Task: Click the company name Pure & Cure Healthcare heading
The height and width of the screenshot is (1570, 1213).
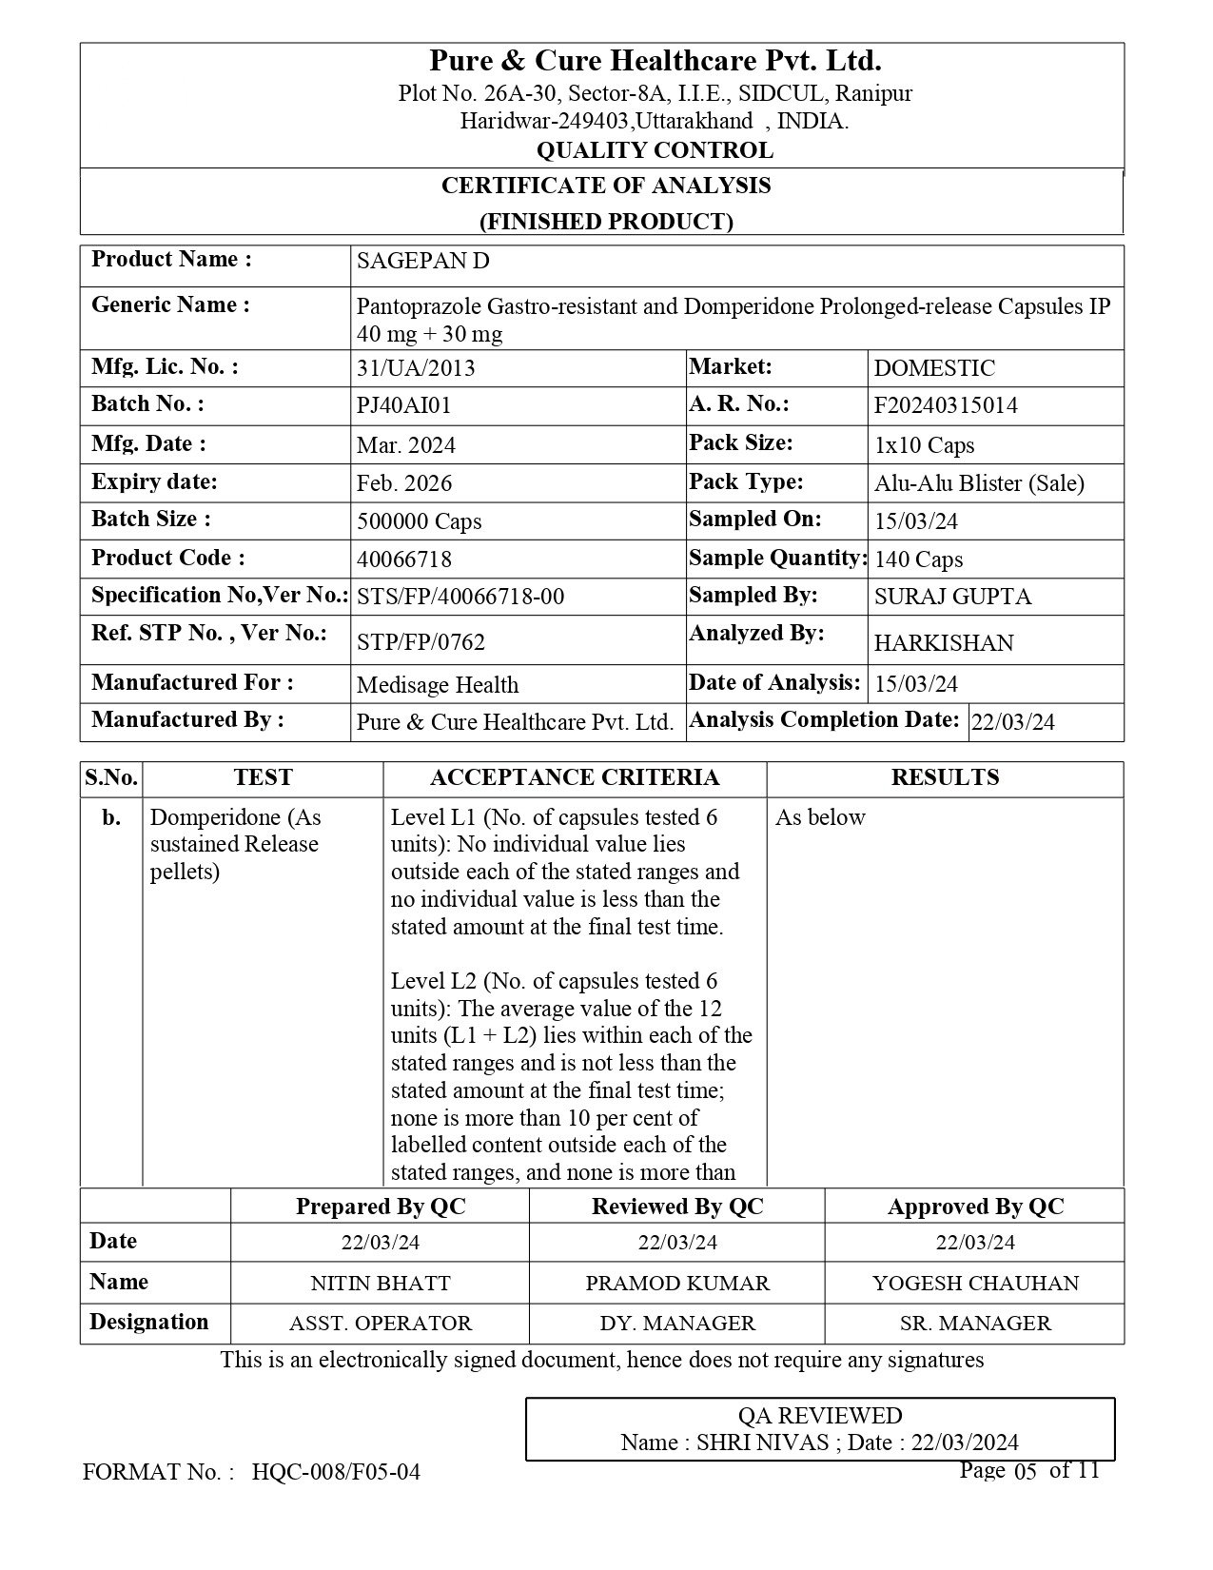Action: (655, 62)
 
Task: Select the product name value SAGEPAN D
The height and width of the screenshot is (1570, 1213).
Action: (422, 262)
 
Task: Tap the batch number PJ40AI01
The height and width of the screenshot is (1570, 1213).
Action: (403, 406)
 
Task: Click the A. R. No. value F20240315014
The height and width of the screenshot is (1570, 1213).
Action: (946, 406)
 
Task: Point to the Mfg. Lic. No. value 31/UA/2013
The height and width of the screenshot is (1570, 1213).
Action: (416, 368)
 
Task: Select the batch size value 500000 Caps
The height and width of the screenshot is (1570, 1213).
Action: (419, 521)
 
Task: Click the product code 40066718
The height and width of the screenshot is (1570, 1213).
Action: (403, 559)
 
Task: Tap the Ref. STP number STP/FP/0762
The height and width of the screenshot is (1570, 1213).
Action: (421, 642)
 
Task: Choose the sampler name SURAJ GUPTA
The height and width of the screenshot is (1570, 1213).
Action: (952, 598)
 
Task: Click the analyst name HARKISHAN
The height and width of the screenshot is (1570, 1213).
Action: (944, 643)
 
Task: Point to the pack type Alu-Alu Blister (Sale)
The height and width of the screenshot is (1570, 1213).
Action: (979, 483)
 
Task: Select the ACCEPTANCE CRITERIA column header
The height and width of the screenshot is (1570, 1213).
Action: (575, 778)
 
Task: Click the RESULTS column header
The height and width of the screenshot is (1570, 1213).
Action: (945, 778)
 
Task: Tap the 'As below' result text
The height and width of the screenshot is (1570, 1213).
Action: (820, 818)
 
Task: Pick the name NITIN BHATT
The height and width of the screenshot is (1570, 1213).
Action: (381, 1284)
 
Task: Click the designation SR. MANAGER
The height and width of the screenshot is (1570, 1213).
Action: (975, 1324)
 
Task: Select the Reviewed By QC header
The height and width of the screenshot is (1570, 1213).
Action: (677, 1207)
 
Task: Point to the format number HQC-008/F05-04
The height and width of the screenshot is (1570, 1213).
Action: (336, 1473)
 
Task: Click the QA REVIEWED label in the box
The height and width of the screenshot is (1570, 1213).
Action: (820, 1416)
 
